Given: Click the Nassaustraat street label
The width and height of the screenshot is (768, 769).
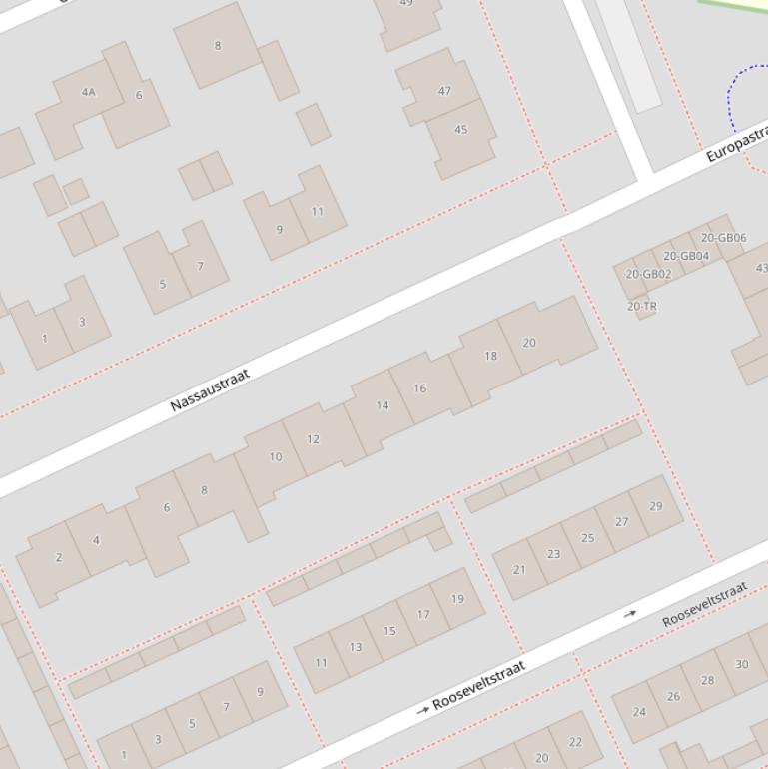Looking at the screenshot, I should (209, 389).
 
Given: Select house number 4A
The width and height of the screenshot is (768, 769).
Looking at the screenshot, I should (89, 92).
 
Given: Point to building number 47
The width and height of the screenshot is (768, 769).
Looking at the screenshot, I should (444, 90).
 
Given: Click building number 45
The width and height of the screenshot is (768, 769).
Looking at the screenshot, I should (460, 129).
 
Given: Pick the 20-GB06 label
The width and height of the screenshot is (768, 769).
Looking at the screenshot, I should (723, 238).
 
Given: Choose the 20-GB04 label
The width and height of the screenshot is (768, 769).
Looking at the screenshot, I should (686, 256).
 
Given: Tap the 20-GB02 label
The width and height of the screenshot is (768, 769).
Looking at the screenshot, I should (648, 274).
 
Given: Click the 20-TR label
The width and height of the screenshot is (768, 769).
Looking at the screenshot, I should (642, 307).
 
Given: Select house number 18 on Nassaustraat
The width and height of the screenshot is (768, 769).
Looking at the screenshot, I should (490, 356).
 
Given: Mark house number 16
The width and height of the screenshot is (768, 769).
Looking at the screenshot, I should (419, 388).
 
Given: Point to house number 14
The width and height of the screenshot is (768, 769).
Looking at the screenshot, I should (383, 405).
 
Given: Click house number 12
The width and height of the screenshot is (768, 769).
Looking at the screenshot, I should (313, 438).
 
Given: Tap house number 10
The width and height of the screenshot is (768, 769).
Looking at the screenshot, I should (276, 456).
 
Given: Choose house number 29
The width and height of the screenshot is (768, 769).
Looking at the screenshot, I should (655, 506).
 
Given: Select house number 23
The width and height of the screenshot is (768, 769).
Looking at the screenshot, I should (553, 553).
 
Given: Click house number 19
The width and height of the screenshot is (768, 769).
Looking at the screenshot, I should (457, 599).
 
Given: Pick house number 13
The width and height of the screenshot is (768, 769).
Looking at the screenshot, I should (355, 647).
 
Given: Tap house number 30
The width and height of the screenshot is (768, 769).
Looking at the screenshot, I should (741, 664).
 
